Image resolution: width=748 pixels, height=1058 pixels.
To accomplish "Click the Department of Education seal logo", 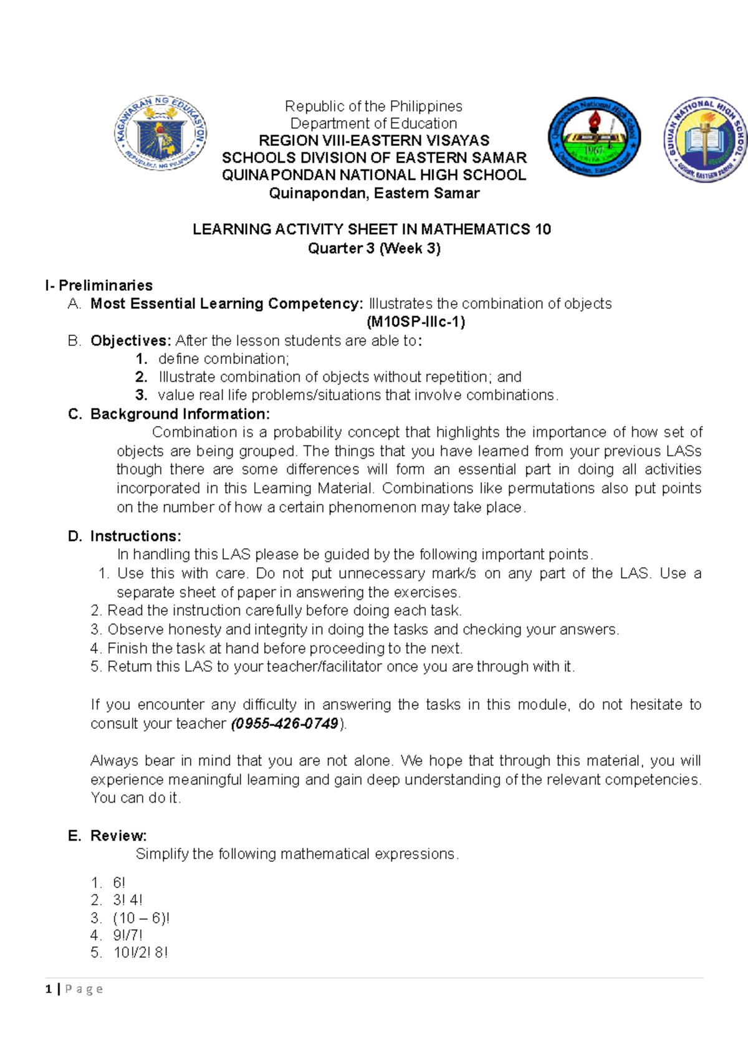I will [x=160, y=134].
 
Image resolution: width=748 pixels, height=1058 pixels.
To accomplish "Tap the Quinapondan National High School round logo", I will [x=594, y=136].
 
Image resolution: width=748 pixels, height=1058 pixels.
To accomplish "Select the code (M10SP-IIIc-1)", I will [x=416, y=322].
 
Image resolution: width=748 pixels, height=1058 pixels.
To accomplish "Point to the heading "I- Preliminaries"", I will [x=99, y=285].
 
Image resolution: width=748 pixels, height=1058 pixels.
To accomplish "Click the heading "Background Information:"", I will [x=180, y=414].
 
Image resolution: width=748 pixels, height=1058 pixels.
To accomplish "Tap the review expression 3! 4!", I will [x=127, y=900].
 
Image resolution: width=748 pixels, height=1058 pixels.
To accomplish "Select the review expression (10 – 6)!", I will [x=141, y=918].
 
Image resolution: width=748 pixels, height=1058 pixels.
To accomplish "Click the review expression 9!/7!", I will [x=128, y=935].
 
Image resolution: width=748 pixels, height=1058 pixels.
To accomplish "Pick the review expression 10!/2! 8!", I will [x=140, y=953].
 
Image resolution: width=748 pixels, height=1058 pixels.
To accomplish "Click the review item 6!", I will [x=119, y=882].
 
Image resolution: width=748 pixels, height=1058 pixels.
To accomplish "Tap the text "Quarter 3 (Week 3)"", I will [x=374, y=248].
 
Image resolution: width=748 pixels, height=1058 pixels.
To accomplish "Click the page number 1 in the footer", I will [x=49, y=989].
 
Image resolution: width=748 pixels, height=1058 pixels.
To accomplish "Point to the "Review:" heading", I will [x=118, y=836].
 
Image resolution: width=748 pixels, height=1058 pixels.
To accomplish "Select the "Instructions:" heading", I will [x=135, y=536].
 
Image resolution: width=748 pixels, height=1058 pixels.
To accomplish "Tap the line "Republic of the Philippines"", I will [x=373, y=106].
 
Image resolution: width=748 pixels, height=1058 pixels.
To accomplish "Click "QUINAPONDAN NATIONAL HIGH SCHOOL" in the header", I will [x=374, y=175].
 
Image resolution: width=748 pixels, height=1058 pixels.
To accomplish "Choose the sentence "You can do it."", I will [x=135, y=798].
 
